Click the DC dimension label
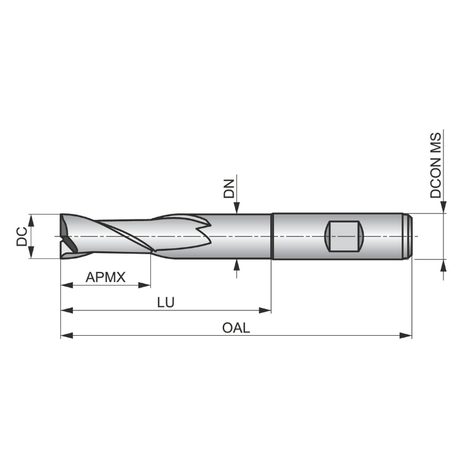pos(21,237)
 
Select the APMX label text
pos(106,277)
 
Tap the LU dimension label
pos(166,302)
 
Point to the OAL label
pos(236,328)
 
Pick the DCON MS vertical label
pos(436,166)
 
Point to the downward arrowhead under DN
pos(237,208)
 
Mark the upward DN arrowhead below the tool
pos(237,265)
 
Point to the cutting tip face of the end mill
pos(66,237)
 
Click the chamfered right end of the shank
pos(409,236)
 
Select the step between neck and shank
pos(271,236)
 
